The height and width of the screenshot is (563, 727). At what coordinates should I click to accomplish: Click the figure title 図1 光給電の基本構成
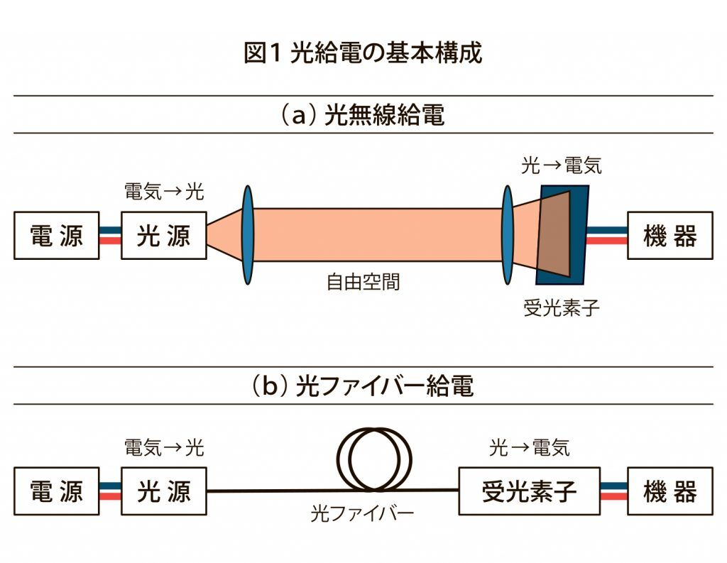pyautogui.click(x=363, y=54)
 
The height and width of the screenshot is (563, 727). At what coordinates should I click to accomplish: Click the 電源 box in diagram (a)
pyautogui.click(x=57, y=236)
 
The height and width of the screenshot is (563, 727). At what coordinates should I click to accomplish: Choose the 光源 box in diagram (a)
pyautogui.click(x=164, y=236)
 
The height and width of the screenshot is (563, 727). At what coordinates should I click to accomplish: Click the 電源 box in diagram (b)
pyautogui.click(x=57, y=491)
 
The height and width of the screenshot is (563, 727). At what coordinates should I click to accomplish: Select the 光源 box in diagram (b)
pyautogui.click(x=164, y=491)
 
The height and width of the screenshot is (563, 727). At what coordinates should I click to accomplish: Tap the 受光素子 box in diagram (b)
pyautogui.click(x=529, y=491)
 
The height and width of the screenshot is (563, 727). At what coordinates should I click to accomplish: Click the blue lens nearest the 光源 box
pyautogui.click(x=247, y=235)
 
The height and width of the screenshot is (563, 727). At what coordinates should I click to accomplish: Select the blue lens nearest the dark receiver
pyautogui.click(x=508, y=235)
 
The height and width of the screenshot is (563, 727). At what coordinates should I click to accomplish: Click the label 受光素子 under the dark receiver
pyautogui.click(x=561, y=308)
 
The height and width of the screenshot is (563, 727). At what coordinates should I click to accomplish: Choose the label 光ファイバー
pyautogui.click(x=362, y=513)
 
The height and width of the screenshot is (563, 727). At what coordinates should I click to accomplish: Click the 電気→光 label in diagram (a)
pyautogui.click(x=164, y=192)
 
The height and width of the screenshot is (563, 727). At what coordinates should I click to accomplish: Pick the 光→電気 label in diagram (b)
pyautogui.click(x=529, y=447)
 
